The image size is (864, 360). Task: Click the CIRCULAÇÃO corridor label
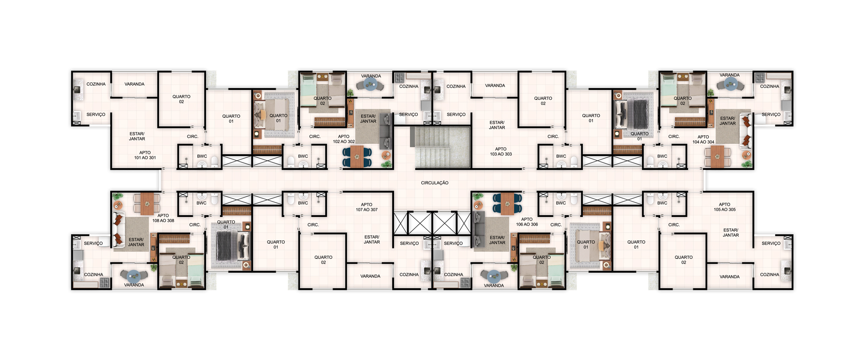pos(435,183)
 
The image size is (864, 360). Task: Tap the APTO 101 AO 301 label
pos(145,155)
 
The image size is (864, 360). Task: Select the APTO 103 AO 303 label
pos(501,152)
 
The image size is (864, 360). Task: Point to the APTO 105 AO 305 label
pos(724,207)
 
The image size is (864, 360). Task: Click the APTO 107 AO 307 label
pos(367,207)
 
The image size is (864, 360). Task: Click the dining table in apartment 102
pos(357,157)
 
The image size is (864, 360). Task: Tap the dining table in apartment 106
pos(507,204)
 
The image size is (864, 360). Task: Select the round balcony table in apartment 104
pos(730,85)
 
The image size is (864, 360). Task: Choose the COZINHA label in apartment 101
pos(96,84)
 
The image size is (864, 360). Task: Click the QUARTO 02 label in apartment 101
pos(181,99)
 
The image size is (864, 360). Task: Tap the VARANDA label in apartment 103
pos(495,86)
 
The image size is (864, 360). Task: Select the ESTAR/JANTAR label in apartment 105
pos(731,233)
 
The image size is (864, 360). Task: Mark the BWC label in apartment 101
pos(202,156)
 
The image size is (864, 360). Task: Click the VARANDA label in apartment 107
pos(370,276)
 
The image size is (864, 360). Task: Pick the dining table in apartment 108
pos(147,203)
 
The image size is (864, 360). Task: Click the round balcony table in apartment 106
pos(494,276)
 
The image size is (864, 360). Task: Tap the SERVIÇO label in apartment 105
pos(771,243)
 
